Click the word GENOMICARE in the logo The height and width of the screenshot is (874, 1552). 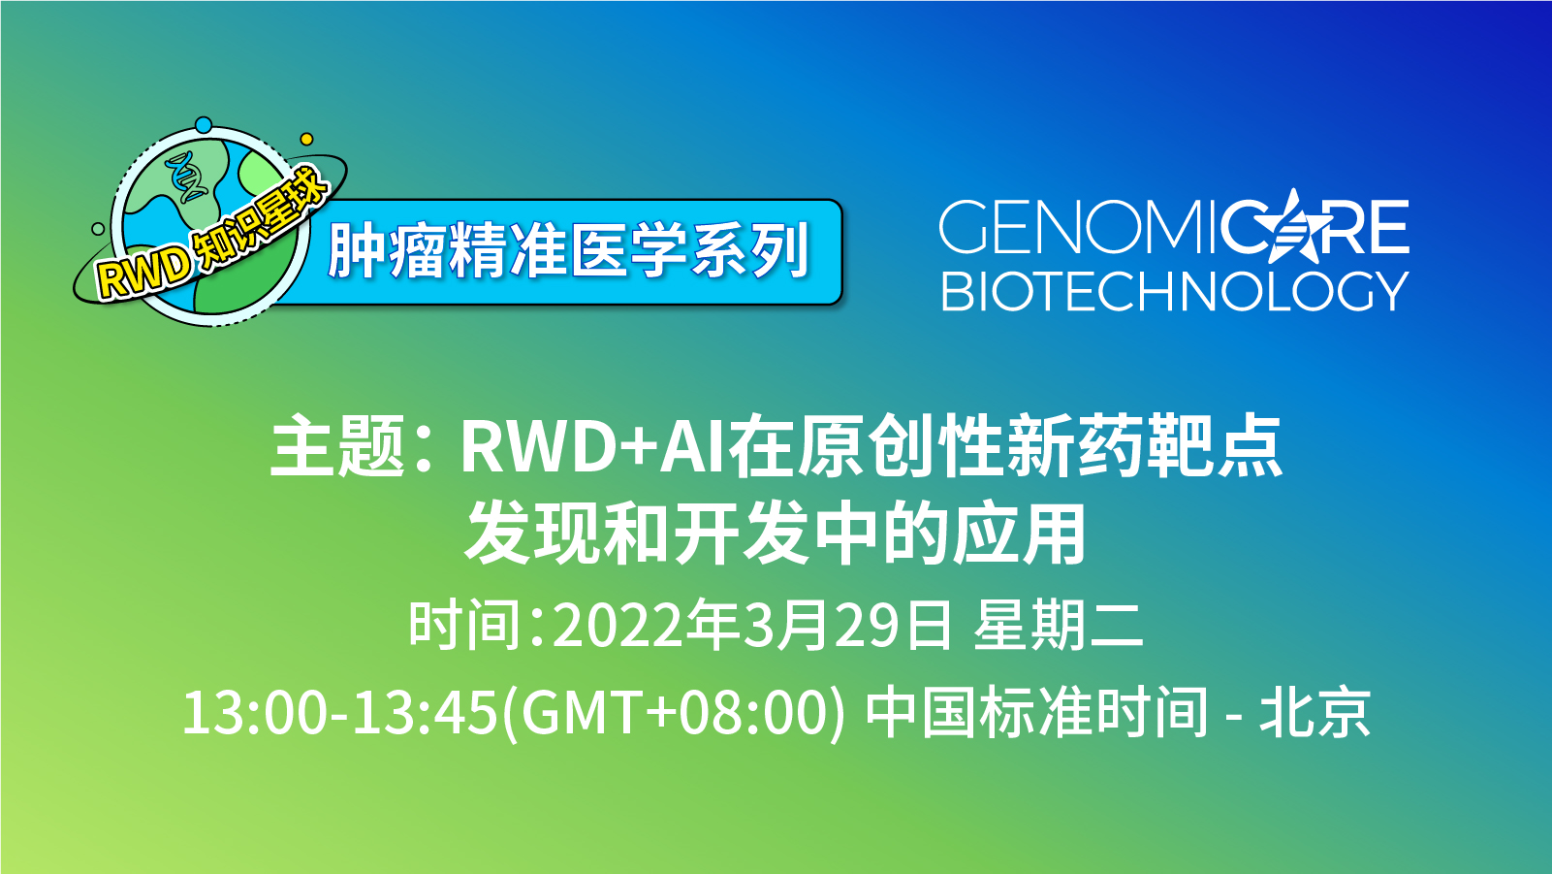click(x=1173, y=229)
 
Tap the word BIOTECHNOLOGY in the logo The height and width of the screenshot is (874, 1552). click(x=1173, y=291)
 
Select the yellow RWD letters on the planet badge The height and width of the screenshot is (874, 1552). click(x=143, y=272)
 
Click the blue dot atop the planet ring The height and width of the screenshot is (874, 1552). click(x=204, y=125)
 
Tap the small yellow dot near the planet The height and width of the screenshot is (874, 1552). click(x=307, y=140)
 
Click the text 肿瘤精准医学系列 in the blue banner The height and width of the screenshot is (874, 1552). click(x=568, y=251)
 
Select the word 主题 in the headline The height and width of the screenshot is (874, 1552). click(x=336, y=446)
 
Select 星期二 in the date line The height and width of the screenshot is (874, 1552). click(x=1059, y=626)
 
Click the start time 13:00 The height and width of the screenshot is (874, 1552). click(x=255, y=713)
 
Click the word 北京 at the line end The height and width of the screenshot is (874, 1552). click(x=1314, y=713)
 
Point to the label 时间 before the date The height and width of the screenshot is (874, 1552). click(x=465, y=626)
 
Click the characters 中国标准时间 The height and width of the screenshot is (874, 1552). click(x=1037, y=713)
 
